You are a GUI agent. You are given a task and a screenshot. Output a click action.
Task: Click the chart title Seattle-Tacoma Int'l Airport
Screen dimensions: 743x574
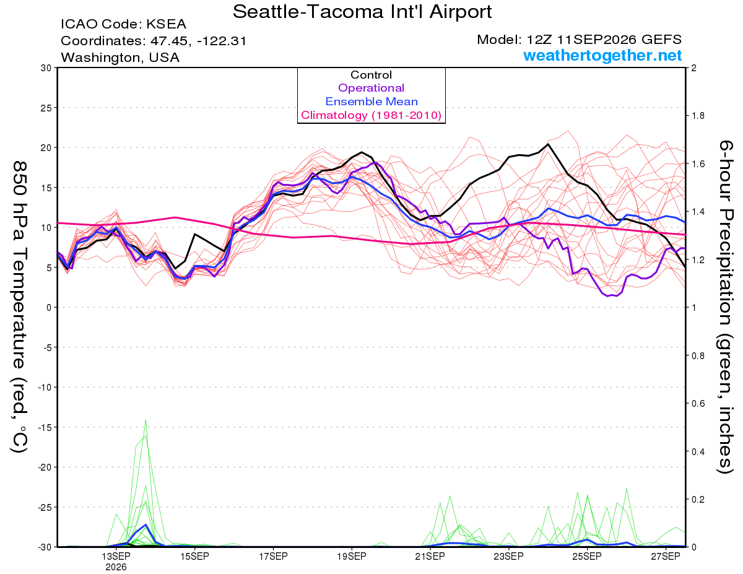[x=362, y=12]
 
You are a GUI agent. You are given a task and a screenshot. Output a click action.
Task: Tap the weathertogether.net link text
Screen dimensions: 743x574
[x=602, y=55]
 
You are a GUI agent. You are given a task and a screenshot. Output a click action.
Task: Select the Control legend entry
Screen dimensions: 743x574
[x=371, y=75]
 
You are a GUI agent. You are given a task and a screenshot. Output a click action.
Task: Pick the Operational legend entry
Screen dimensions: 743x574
[x=371, y=88]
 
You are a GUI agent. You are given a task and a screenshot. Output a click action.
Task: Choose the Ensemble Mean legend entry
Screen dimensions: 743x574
[x=371, y=102]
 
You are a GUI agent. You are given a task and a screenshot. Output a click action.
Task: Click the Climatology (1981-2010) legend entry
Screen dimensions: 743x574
[x=371, y=115]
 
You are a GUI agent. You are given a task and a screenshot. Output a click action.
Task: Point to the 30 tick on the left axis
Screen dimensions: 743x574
[x=46, y=68]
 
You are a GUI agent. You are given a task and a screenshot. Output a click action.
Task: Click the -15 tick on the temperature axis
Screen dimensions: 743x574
[x=45, y=427]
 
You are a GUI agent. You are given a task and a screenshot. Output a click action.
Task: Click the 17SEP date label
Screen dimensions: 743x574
[x=273, y=556]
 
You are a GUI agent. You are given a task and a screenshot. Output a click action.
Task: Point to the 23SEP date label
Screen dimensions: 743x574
[x=509, y=556]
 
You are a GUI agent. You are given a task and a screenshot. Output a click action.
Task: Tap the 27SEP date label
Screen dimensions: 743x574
[x=666, y=556]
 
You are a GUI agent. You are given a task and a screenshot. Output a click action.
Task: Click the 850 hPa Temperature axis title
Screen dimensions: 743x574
[x=19, y=307]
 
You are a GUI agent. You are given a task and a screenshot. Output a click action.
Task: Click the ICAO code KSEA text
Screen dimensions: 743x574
[x=124, y=24]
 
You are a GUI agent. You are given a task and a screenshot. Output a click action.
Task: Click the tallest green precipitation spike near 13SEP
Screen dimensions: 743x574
[x=146, y=420]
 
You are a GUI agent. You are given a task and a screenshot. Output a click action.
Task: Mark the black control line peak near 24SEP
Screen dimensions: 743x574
[x=548, y=144]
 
